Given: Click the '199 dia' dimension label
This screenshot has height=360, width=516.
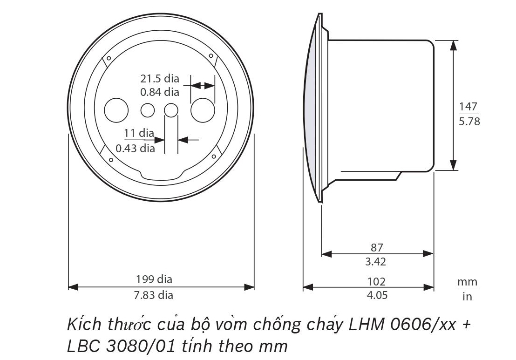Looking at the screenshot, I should point(154,279).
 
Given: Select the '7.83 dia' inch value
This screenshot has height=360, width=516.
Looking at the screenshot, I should point(154,295).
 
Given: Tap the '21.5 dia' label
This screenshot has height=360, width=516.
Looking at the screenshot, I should point(160,79).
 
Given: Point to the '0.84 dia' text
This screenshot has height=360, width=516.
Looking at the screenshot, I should point(160,92).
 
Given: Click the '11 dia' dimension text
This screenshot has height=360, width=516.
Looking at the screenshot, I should point(139,133).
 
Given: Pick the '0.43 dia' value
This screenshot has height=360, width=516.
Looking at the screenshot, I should point(135,149).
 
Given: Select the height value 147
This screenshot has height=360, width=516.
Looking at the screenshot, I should point(468,107).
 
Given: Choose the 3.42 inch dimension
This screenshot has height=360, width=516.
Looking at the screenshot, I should point(375,262).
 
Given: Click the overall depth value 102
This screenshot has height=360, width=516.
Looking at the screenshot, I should point(376,281).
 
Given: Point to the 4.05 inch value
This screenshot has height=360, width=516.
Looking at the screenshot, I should point(376,295).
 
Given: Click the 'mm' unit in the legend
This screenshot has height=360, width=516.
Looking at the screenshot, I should point(467,282).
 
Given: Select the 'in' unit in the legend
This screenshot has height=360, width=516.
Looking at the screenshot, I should point(467,296).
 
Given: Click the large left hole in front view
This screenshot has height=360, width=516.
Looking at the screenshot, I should point(116,110).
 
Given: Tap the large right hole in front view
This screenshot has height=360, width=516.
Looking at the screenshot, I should point(203,110).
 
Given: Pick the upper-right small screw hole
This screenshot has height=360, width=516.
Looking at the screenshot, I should point(211,56).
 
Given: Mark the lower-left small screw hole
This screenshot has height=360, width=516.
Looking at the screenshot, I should point(111,160).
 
